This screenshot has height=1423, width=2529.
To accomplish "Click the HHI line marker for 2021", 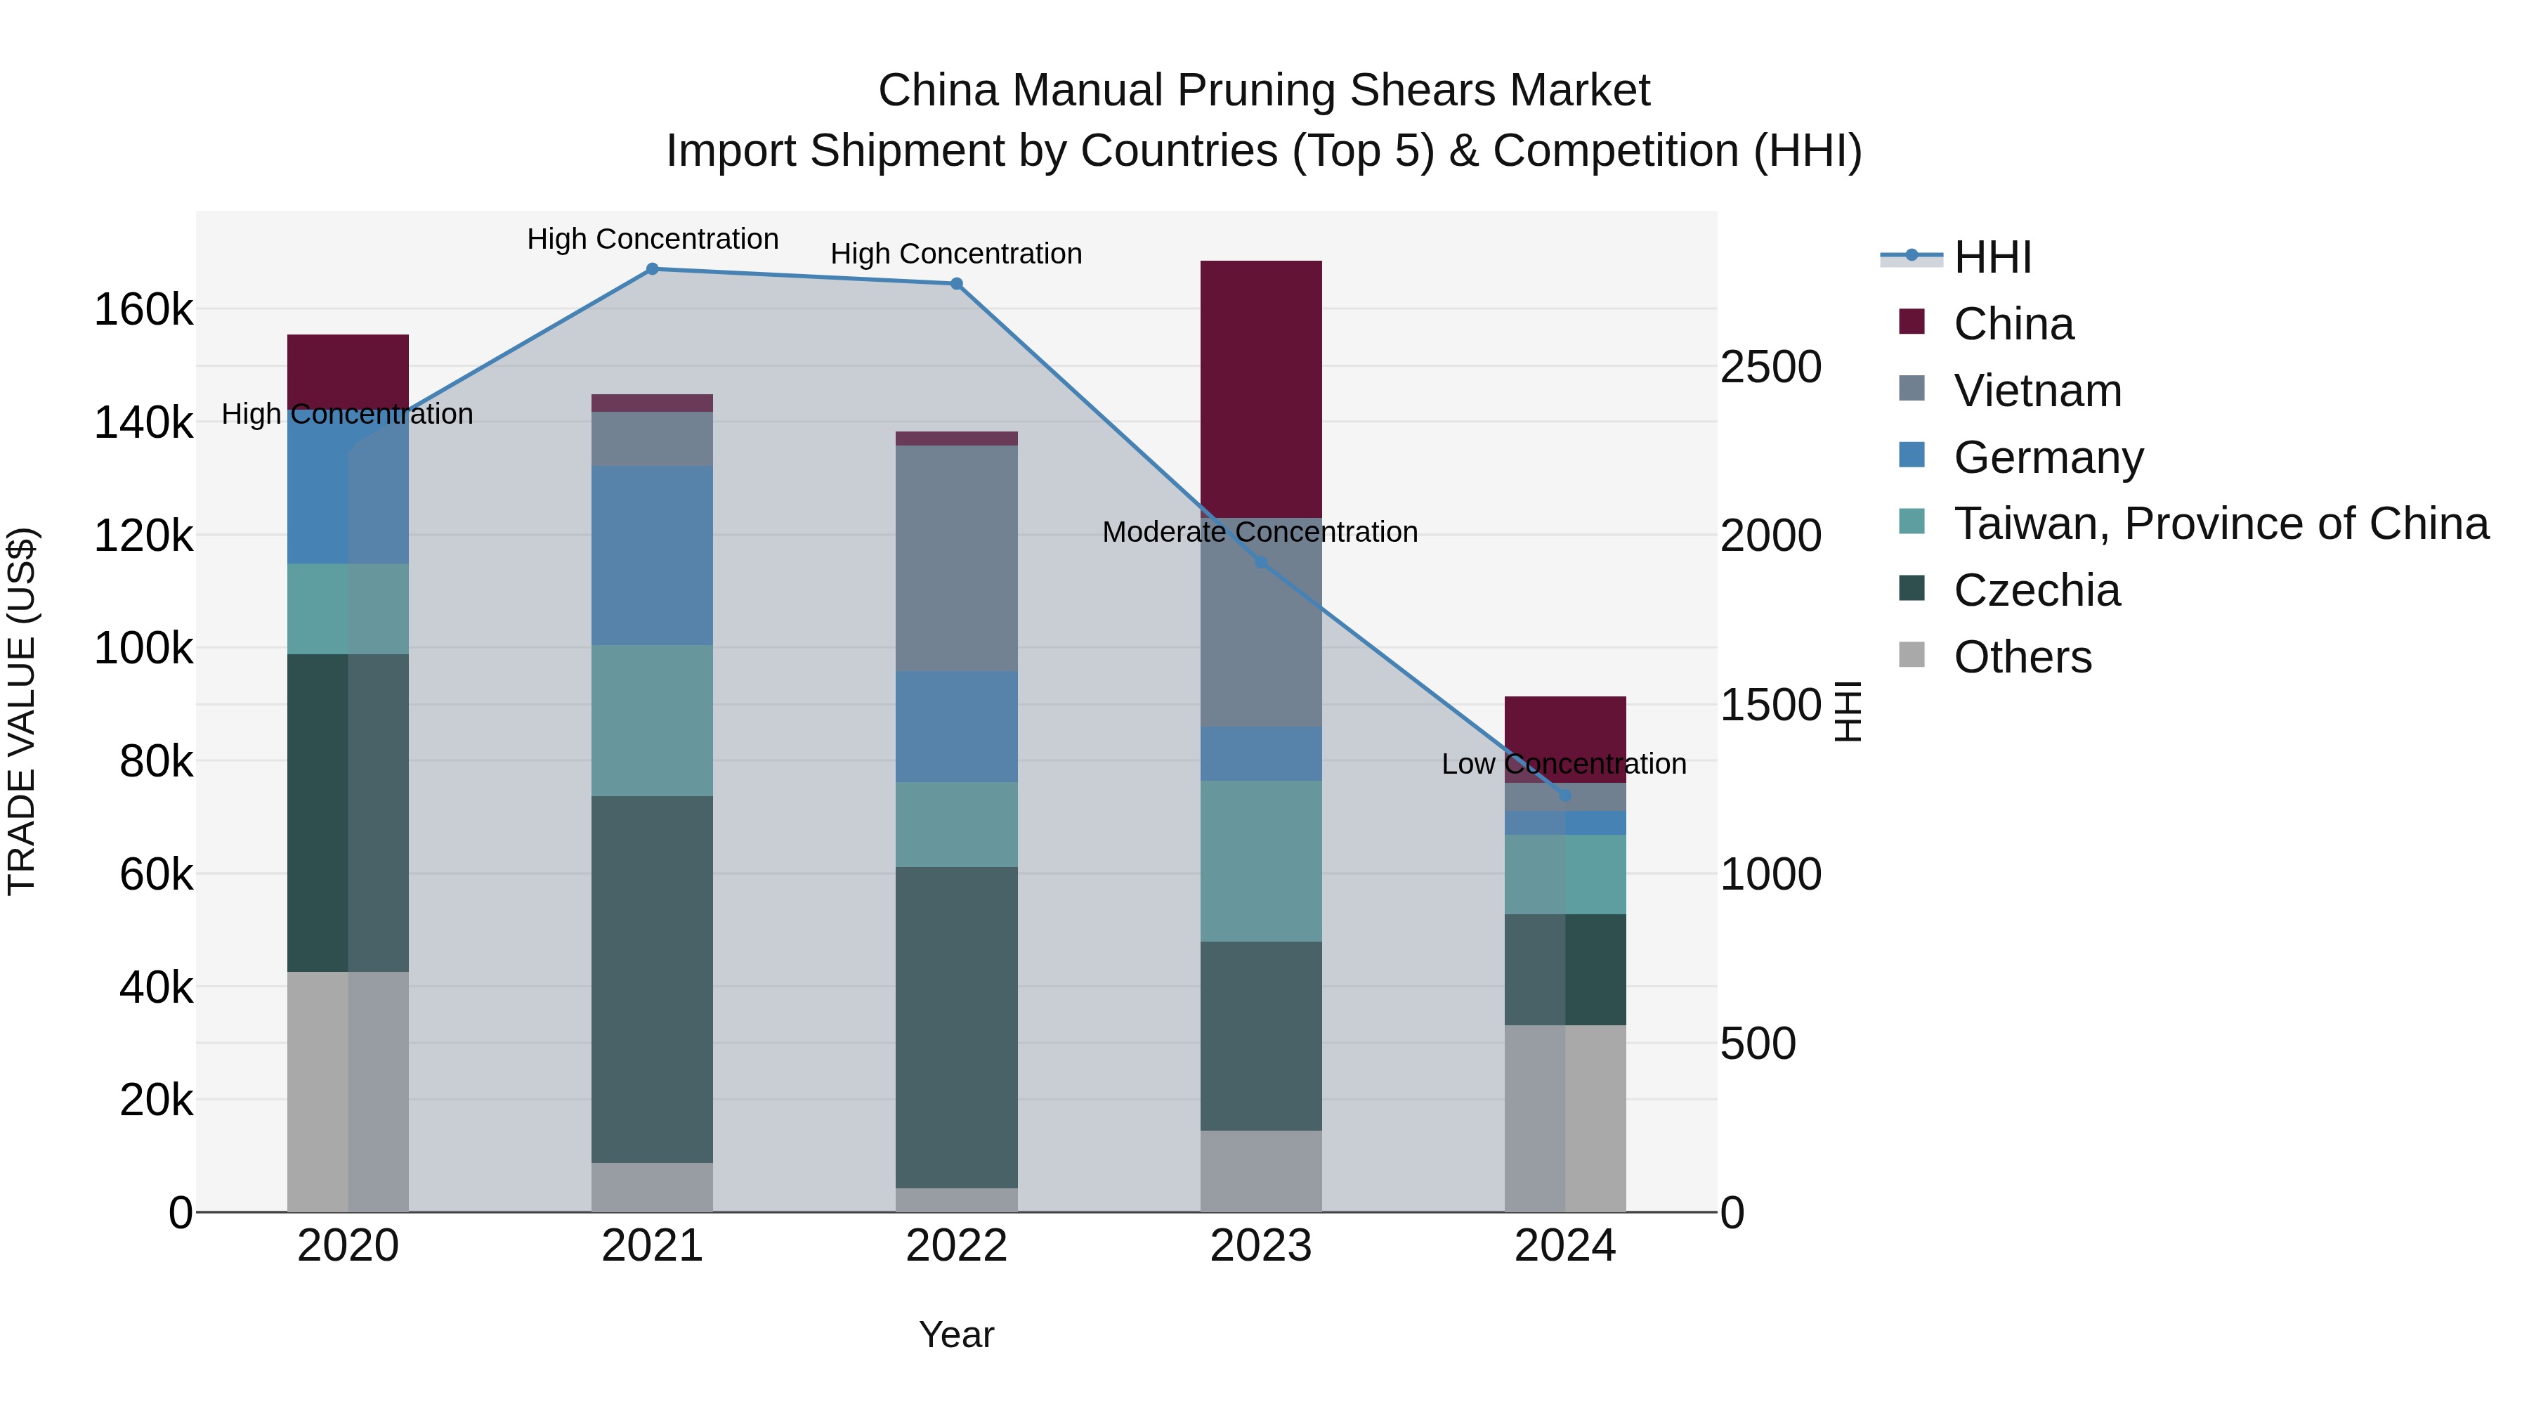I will [x=652, y=269].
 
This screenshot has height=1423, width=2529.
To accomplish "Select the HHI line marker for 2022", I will [x=956, y=284].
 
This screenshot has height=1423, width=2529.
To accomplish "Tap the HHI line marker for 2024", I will [x=1565, y=795].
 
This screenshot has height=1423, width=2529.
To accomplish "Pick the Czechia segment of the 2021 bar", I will [x=652, y=979].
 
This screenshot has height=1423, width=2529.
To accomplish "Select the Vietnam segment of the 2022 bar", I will [x=956, y=558].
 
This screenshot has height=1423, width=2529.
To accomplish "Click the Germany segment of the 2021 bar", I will [x=652, y=555].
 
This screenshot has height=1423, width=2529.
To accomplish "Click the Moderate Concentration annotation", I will [x=1260, y=532].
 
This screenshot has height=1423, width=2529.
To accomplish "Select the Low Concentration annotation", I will [x=1563, y=764].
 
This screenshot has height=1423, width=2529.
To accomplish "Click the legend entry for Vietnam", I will [x=2037, y=391].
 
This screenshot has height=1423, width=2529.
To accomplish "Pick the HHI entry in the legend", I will [x=1992, y=257].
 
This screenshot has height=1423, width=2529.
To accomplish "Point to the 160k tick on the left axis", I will [x=143, y=311].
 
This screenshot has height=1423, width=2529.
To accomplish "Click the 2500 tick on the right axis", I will [x=1770, y=368].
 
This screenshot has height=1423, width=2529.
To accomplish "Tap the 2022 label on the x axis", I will [x=956, y=1246].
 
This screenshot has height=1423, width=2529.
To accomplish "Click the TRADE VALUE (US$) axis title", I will [x=22, y=711].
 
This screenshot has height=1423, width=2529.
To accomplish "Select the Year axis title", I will [x=956, y=1334].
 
